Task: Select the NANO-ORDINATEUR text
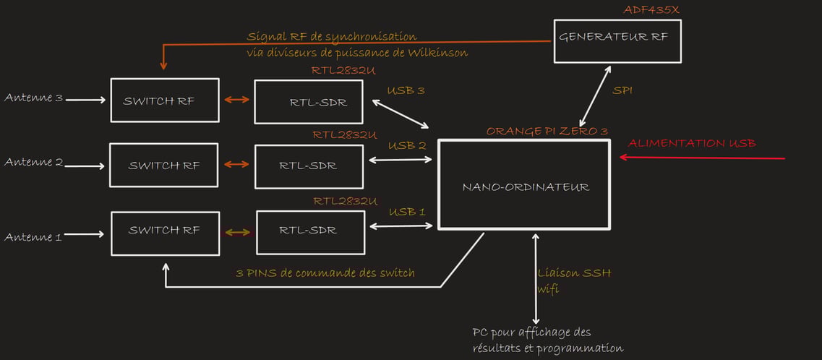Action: [526, 187]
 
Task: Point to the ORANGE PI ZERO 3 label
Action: [547, 130]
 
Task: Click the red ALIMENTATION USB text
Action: [692, 143]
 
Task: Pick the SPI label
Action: [622, 90]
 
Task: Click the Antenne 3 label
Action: [33, 98]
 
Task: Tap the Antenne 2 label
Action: [33, 163]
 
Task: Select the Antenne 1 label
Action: [33, 237]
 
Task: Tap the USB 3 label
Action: [406, 90]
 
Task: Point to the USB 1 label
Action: [406, 213]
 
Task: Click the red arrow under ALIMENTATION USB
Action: [702, 157]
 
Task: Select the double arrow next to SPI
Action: [594, 96]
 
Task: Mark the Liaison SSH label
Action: [574, 273]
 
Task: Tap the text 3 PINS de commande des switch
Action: [325, 273]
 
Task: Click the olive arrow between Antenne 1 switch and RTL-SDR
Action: [238, 233]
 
